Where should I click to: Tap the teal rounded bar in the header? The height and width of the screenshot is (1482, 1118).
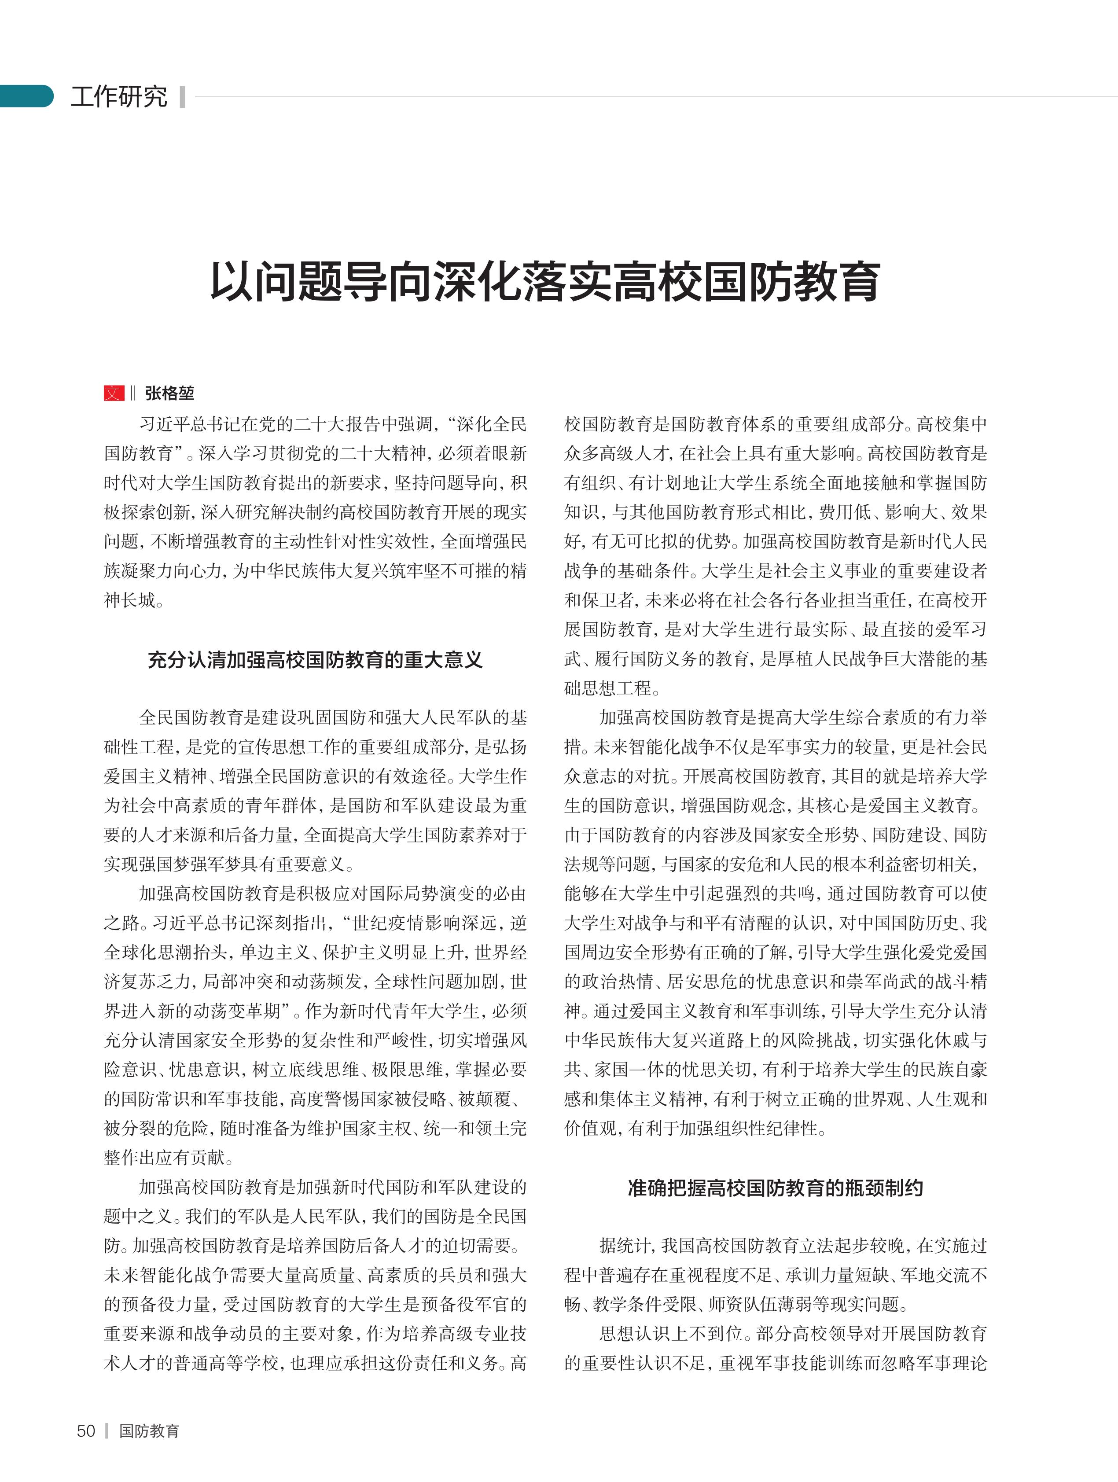point(26,96)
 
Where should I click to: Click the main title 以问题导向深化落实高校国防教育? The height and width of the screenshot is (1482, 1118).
point(544,282)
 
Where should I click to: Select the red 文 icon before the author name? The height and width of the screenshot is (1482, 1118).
point(114,393)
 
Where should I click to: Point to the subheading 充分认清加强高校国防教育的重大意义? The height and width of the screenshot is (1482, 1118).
point(315,660)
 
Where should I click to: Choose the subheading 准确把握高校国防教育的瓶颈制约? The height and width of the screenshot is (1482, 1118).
point(775,1188)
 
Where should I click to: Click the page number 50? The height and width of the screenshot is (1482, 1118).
point(86,1431)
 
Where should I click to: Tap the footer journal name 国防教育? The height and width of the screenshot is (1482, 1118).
point(149,1431)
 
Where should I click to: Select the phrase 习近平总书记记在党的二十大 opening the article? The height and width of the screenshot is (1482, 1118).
point(228,424)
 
